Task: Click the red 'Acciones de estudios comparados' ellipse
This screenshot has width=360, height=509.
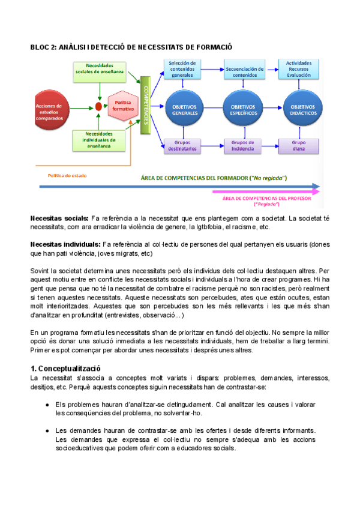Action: (x=54, y=107)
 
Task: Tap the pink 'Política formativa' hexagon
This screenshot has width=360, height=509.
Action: (x=124, y=106)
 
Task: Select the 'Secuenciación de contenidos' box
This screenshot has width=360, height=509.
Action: (x=244, y=69)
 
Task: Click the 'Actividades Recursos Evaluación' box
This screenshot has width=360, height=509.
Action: (x=298, y=69)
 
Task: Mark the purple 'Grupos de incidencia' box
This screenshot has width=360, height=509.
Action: (x=242, y=146)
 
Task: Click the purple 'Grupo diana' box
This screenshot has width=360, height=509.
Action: (x=298, y=146)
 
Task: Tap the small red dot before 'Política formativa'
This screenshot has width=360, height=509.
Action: (x=98, y=107)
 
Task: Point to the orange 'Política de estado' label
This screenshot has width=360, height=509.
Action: (x=67, y=175)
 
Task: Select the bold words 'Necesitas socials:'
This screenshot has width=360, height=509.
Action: (x=59, y=218)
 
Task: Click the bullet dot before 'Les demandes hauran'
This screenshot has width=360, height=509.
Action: (x=47, y=430)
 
